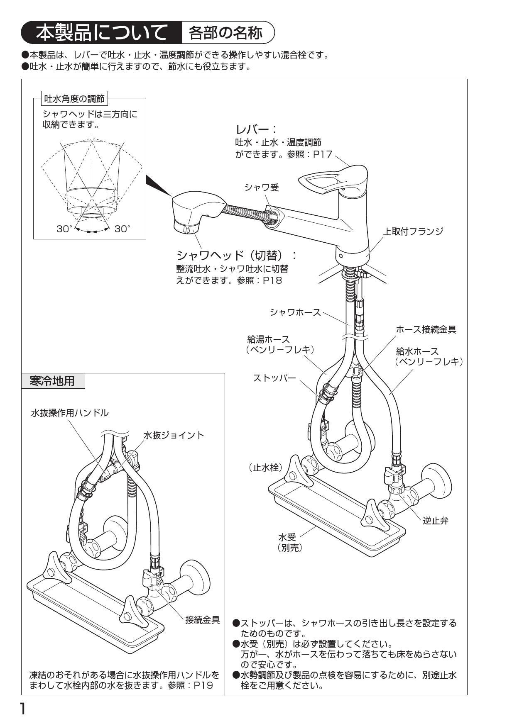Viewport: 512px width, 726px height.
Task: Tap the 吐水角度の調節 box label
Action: point(75,99)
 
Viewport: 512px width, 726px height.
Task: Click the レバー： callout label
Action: point(256,129)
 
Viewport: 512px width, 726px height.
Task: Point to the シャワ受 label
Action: point(262,188)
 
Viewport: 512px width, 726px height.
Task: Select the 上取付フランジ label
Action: point(413,231)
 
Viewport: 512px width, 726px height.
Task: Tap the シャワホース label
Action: point(295,312)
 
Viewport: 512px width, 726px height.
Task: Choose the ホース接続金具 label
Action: point(426,329)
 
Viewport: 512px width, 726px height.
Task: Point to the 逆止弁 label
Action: point(436,521)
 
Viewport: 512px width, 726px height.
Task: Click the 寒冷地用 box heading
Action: point(52,380)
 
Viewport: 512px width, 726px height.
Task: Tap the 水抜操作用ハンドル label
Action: point(70,413)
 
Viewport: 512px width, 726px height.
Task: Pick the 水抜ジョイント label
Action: point(174,435)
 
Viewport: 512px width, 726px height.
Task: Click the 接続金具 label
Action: point(202,620)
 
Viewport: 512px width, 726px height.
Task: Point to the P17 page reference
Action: point(323,154)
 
